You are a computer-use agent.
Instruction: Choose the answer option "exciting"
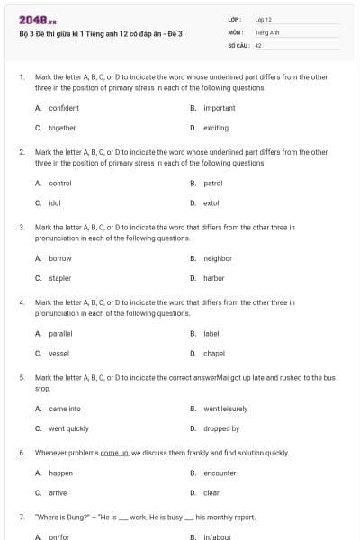click(x=216, y=128)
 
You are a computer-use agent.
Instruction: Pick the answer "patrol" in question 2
click(x=212, y=183)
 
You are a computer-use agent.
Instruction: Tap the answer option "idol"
click(x=54, y=202)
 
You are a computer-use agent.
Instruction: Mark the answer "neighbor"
click(x=217, y=258)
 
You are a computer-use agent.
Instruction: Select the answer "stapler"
click(x=59, y=278)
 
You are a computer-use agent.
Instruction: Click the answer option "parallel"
click(x=60, y=334)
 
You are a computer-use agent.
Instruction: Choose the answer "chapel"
click(x=214, y=354)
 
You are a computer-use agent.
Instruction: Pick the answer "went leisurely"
click(x=225, y=409)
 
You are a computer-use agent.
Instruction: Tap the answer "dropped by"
click(x=221, y=428)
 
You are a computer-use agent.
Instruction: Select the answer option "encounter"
click(x=220, y=472)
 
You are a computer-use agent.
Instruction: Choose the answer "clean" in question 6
click(x=211, y=492)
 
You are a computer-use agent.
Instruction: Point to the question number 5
click(x=22, y=378)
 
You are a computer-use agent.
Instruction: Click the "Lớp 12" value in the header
click(x=263, y=18)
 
